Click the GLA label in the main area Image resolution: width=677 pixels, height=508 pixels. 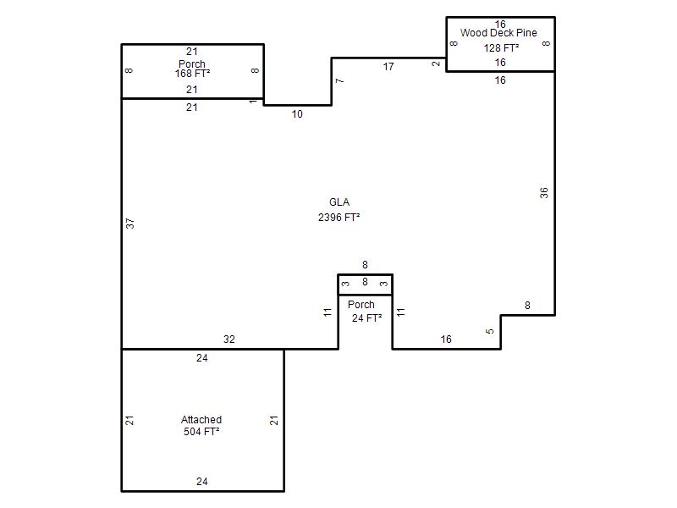pos(339,202)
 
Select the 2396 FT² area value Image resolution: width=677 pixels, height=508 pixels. pos(339,218)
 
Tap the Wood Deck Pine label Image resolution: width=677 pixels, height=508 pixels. pos(498,33)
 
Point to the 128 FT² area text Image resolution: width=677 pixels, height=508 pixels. pos(501,48)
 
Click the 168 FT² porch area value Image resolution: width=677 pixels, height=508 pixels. pos(193,74)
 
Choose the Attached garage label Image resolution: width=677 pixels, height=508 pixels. pos(201,419)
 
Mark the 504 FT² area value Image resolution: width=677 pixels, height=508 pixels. pos(201,432)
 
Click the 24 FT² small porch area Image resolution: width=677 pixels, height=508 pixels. pos(367,318)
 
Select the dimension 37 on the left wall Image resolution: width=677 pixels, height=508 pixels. pos(130,224)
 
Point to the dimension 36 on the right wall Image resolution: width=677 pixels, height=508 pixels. pos(544,193)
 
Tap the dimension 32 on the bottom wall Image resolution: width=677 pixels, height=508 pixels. pos(229,340)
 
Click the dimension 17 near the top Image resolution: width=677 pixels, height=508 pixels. pos(388,67)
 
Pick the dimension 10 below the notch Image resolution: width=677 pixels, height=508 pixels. pos(297,114)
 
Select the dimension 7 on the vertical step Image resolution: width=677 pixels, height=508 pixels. pos(340,80)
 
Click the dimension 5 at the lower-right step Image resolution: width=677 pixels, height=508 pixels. pos(490,331)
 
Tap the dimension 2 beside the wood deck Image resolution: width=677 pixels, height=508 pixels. pos(436,63)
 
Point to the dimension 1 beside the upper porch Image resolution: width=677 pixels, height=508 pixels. pos(253,102)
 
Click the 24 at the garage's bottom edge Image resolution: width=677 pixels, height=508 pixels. pos(202,482)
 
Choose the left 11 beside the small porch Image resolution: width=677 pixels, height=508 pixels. pos(327,312)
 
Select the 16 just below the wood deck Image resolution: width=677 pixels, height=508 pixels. pos(500,80)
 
